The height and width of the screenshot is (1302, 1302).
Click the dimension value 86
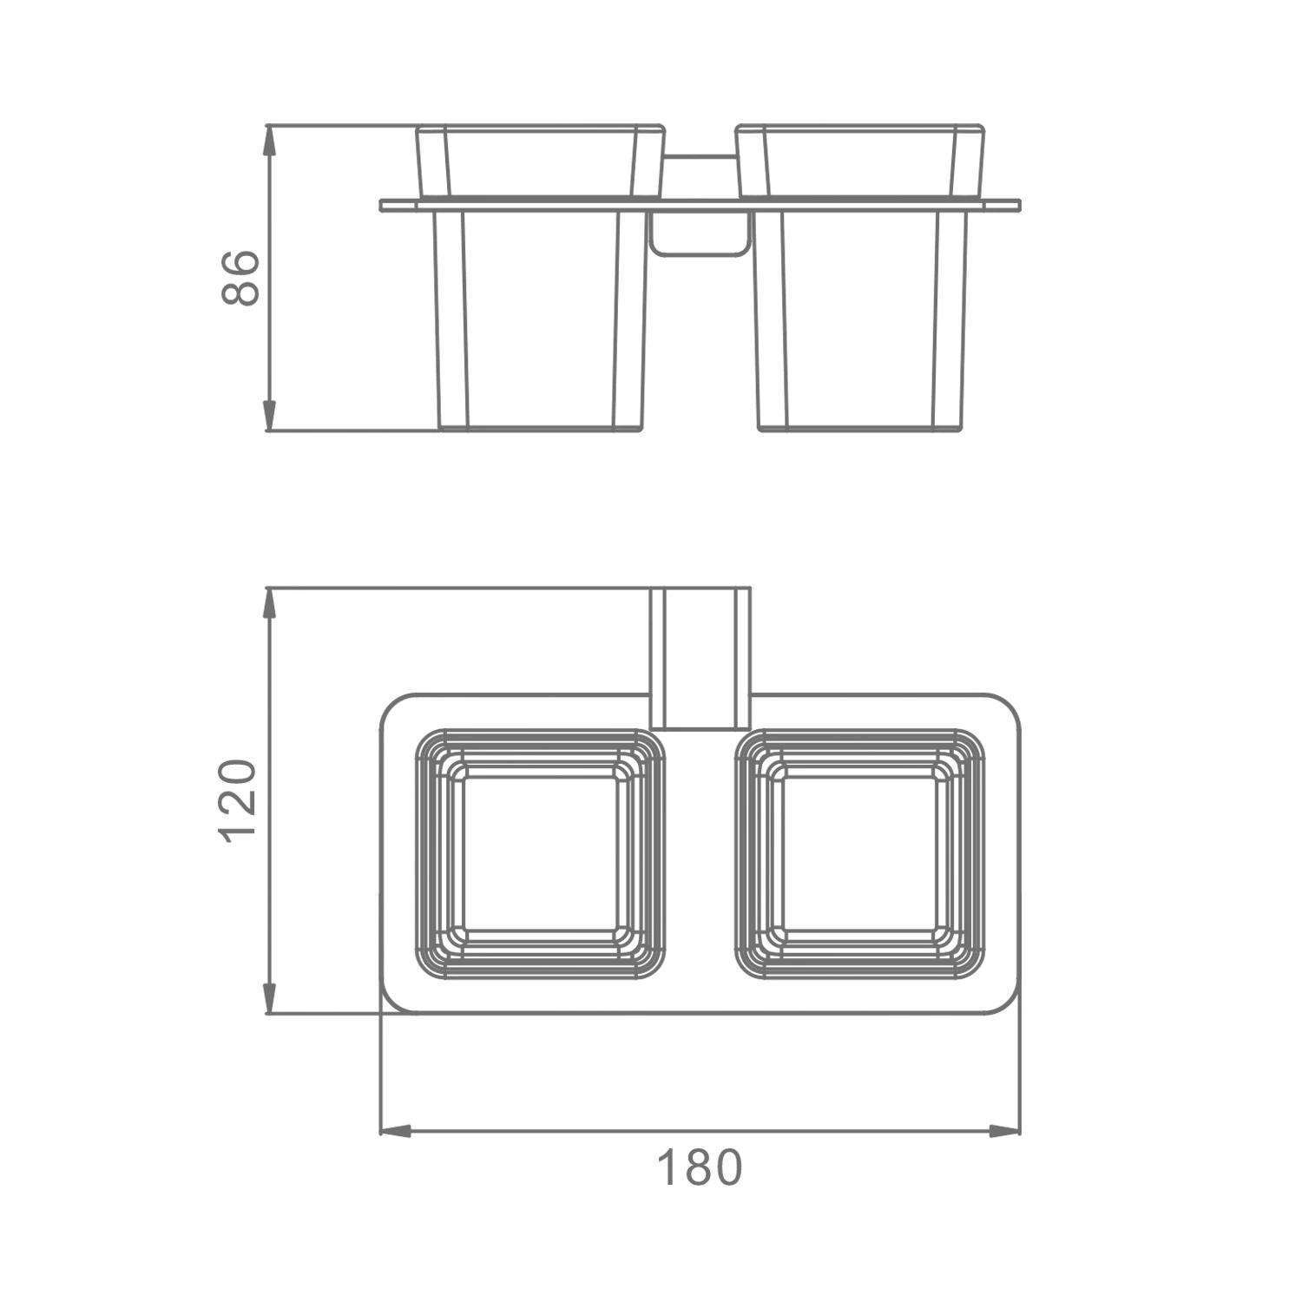[240, 278]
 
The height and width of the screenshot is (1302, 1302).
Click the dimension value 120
[239, 799]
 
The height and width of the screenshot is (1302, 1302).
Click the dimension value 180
[700, 1167]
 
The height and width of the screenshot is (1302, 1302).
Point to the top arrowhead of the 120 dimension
[269, 604]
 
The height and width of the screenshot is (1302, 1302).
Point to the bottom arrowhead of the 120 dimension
[269, 997]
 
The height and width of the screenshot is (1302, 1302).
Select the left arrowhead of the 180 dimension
[397, 1131]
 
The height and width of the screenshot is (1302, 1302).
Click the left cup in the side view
[541, 278]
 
